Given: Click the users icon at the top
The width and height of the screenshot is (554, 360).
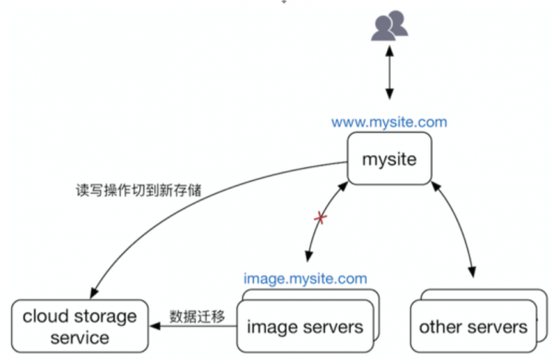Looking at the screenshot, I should tap(390, 26).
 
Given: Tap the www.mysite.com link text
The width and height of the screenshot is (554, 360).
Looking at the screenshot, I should tap(389, 121).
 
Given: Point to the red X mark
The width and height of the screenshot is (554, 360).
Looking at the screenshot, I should tap(321, 218).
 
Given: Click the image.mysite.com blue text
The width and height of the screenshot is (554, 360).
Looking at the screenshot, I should tap(305, 278).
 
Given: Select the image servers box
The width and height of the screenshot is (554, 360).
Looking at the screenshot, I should tap(304, 326).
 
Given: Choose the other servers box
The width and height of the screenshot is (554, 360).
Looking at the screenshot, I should tap(472, 326).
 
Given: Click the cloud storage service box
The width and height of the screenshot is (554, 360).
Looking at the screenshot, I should tap(80, 326).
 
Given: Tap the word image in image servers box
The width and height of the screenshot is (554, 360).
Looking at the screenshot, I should tap(270, 327).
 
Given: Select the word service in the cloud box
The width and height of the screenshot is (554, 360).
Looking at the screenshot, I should tap(80, 337).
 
